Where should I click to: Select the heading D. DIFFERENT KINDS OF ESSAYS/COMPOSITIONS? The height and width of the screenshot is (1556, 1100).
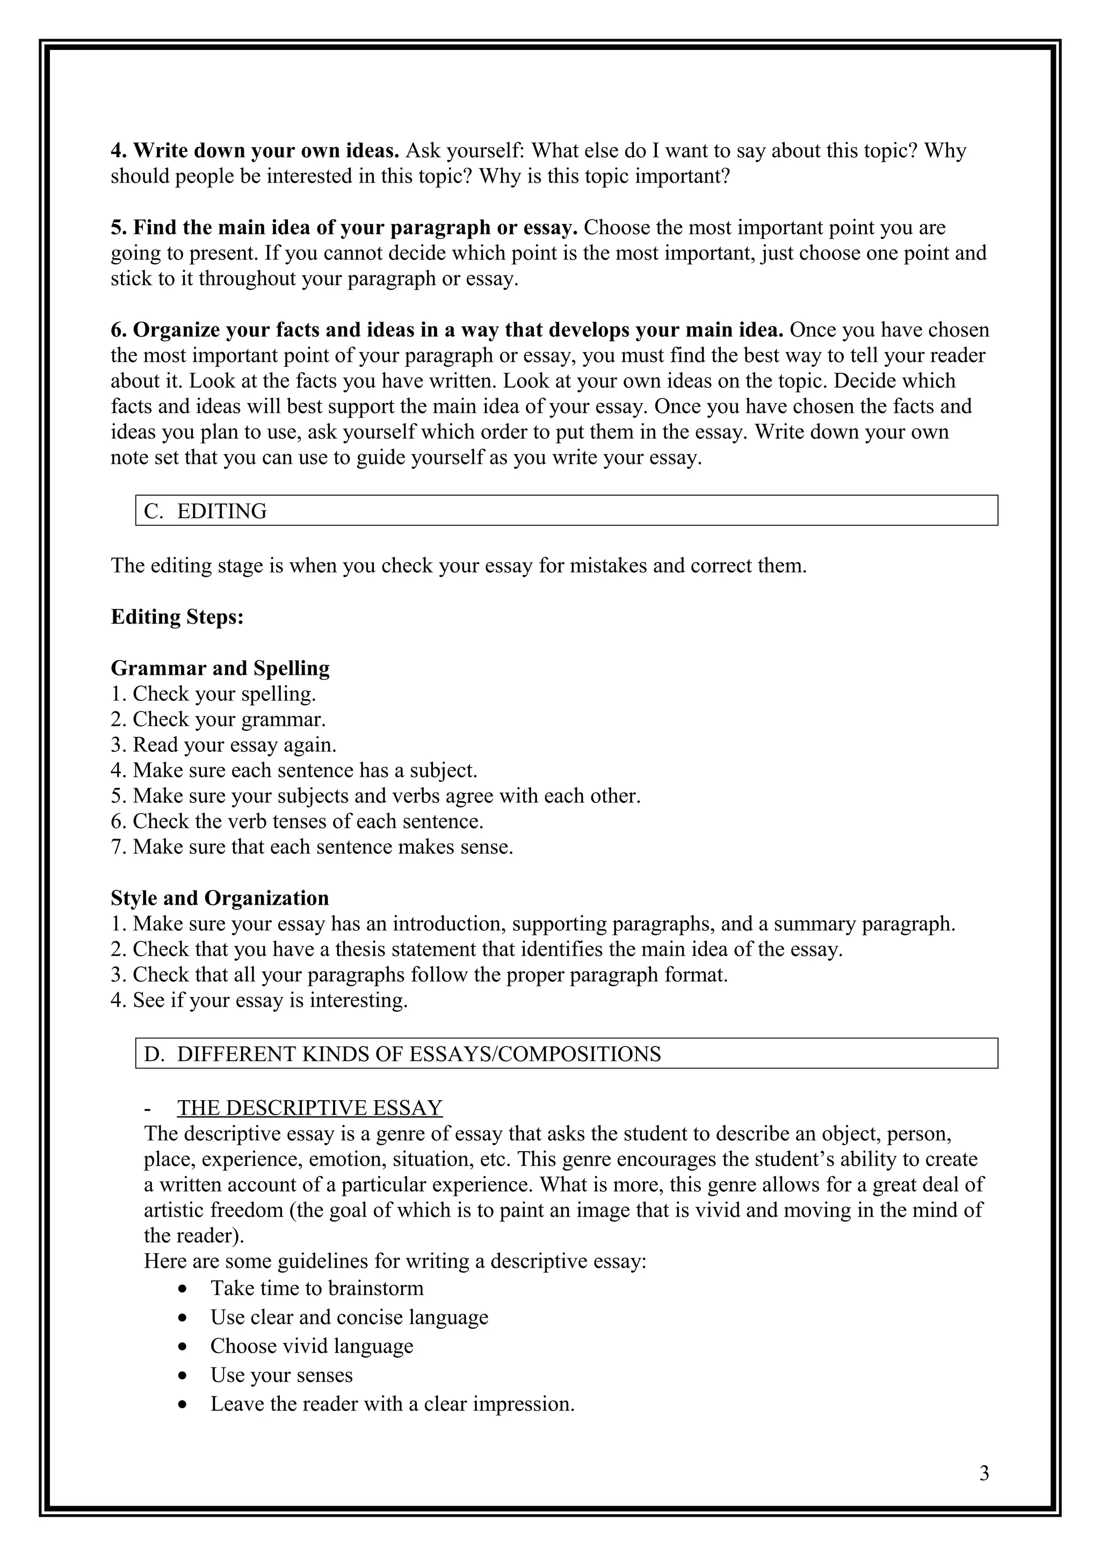point(402,1054)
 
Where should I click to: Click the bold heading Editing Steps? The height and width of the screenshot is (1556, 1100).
point(177,617)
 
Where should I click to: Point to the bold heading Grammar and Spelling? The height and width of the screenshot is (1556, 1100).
point(220,668)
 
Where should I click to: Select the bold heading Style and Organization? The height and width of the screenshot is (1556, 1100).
point(220,898)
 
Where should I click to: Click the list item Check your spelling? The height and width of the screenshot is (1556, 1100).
point(223,694)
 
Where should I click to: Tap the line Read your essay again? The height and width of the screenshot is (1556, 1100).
point(234,745)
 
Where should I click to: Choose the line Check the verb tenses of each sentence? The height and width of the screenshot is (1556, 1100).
point(307,821)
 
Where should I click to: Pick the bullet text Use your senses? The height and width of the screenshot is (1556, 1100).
point(281,1375)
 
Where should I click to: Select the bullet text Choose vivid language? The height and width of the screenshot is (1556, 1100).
point(311,1346)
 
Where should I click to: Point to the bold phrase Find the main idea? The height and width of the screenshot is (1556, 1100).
point(344,228)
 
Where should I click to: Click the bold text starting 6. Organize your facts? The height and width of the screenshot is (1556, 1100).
point(447,330)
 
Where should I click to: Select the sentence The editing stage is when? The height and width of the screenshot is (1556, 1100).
point(458,565)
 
